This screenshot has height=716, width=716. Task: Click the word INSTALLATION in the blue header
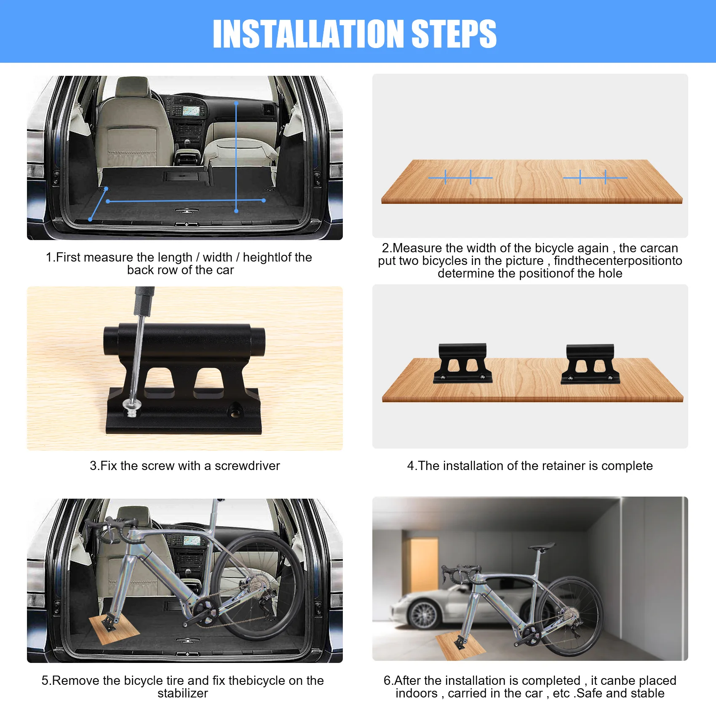(x=309, y=34)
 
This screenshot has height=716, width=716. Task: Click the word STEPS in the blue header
(x=454, y=34)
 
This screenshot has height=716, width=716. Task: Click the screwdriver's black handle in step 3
(x=144, y=301)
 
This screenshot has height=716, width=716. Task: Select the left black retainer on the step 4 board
(x=463, y=363)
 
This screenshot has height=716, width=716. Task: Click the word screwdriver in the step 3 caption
(x=247, y=466)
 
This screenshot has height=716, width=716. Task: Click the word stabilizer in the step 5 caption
(x=183, y=693)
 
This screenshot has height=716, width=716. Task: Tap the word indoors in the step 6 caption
(x=417, y=693)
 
